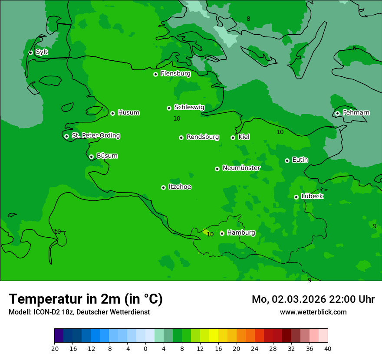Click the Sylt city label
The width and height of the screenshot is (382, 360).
42,52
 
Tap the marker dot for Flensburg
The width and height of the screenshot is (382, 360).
155,74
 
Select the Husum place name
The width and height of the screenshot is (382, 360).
128,113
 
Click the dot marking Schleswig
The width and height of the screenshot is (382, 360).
169,108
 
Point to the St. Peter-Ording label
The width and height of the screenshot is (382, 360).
95,136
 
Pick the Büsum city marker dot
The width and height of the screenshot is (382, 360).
91,157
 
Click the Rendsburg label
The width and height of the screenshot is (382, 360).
203,137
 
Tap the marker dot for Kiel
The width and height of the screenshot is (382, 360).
233,137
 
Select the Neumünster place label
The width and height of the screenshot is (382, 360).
241,168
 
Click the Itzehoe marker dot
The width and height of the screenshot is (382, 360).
163,187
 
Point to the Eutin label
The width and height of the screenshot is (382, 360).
300,160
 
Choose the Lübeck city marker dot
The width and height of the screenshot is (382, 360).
296,197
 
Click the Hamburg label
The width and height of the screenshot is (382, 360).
241,233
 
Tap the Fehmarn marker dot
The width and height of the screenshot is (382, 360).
337,113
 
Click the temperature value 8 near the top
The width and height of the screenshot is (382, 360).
248,19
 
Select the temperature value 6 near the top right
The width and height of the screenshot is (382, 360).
354,48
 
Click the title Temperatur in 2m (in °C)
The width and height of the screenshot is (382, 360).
86,299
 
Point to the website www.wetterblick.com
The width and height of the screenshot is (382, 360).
313,312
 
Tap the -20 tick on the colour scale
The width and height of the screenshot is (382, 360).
54,348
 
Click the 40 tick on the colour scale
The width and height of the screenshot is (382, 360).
327,348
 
